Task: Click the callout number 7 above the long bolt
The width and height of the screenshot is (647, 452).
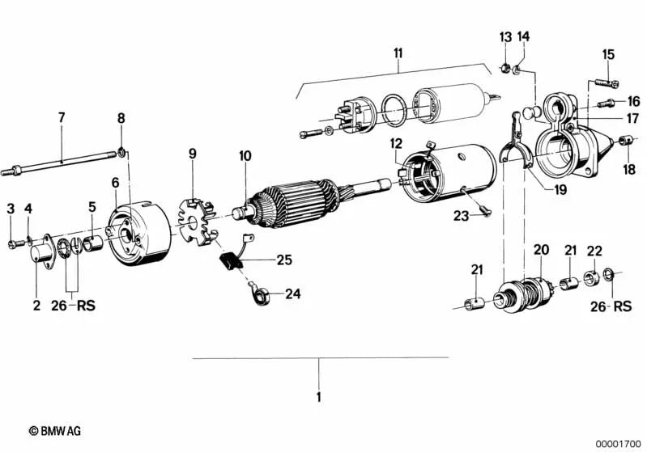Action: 61,118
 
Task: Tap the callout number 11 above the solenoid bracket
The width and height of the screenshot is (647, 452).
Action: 397,53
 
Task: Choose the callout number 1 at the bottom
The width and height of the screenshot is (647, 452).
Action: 318,397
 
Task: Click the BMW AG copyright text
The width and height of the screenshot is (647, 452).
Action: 54,432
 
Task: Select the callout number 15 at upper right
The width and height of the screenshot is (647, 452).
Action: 608,54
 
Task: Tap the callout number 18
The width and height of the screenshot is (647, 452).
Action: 629,169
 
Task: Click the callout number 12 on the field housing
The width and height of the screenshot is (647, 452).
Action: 395,143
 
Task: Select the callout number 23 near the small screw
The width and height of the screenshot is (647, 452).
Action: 461,215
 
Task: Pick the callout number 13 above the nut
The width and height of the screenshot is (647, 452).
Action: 505,37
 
